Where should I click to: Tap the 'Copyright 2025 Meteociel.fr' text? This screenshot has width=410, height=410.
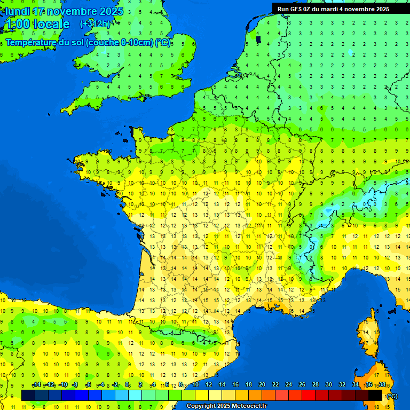tap(226, 406)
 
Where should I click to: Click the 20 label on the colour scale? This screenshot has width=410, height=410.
tap(262, 385)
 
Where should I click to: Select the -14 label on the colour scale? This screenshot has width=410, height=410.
tap(36, 385)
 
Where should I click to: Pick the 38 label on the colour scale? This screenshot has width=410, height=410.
tap(382, 385)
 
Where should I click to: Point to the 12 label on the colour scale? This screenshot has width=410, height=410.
tap(208, 385)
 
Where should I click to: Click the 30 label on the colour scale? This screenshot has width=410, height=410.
tap(329, 385)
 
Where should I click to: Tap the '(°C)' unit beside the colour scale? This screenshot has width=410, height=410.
tap(392, 396)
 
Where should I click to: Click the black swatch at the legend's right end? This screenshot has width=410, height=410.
tap(375, 395)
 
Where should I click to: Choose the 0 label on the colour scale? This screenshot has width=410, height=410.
tap(127, 385)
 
